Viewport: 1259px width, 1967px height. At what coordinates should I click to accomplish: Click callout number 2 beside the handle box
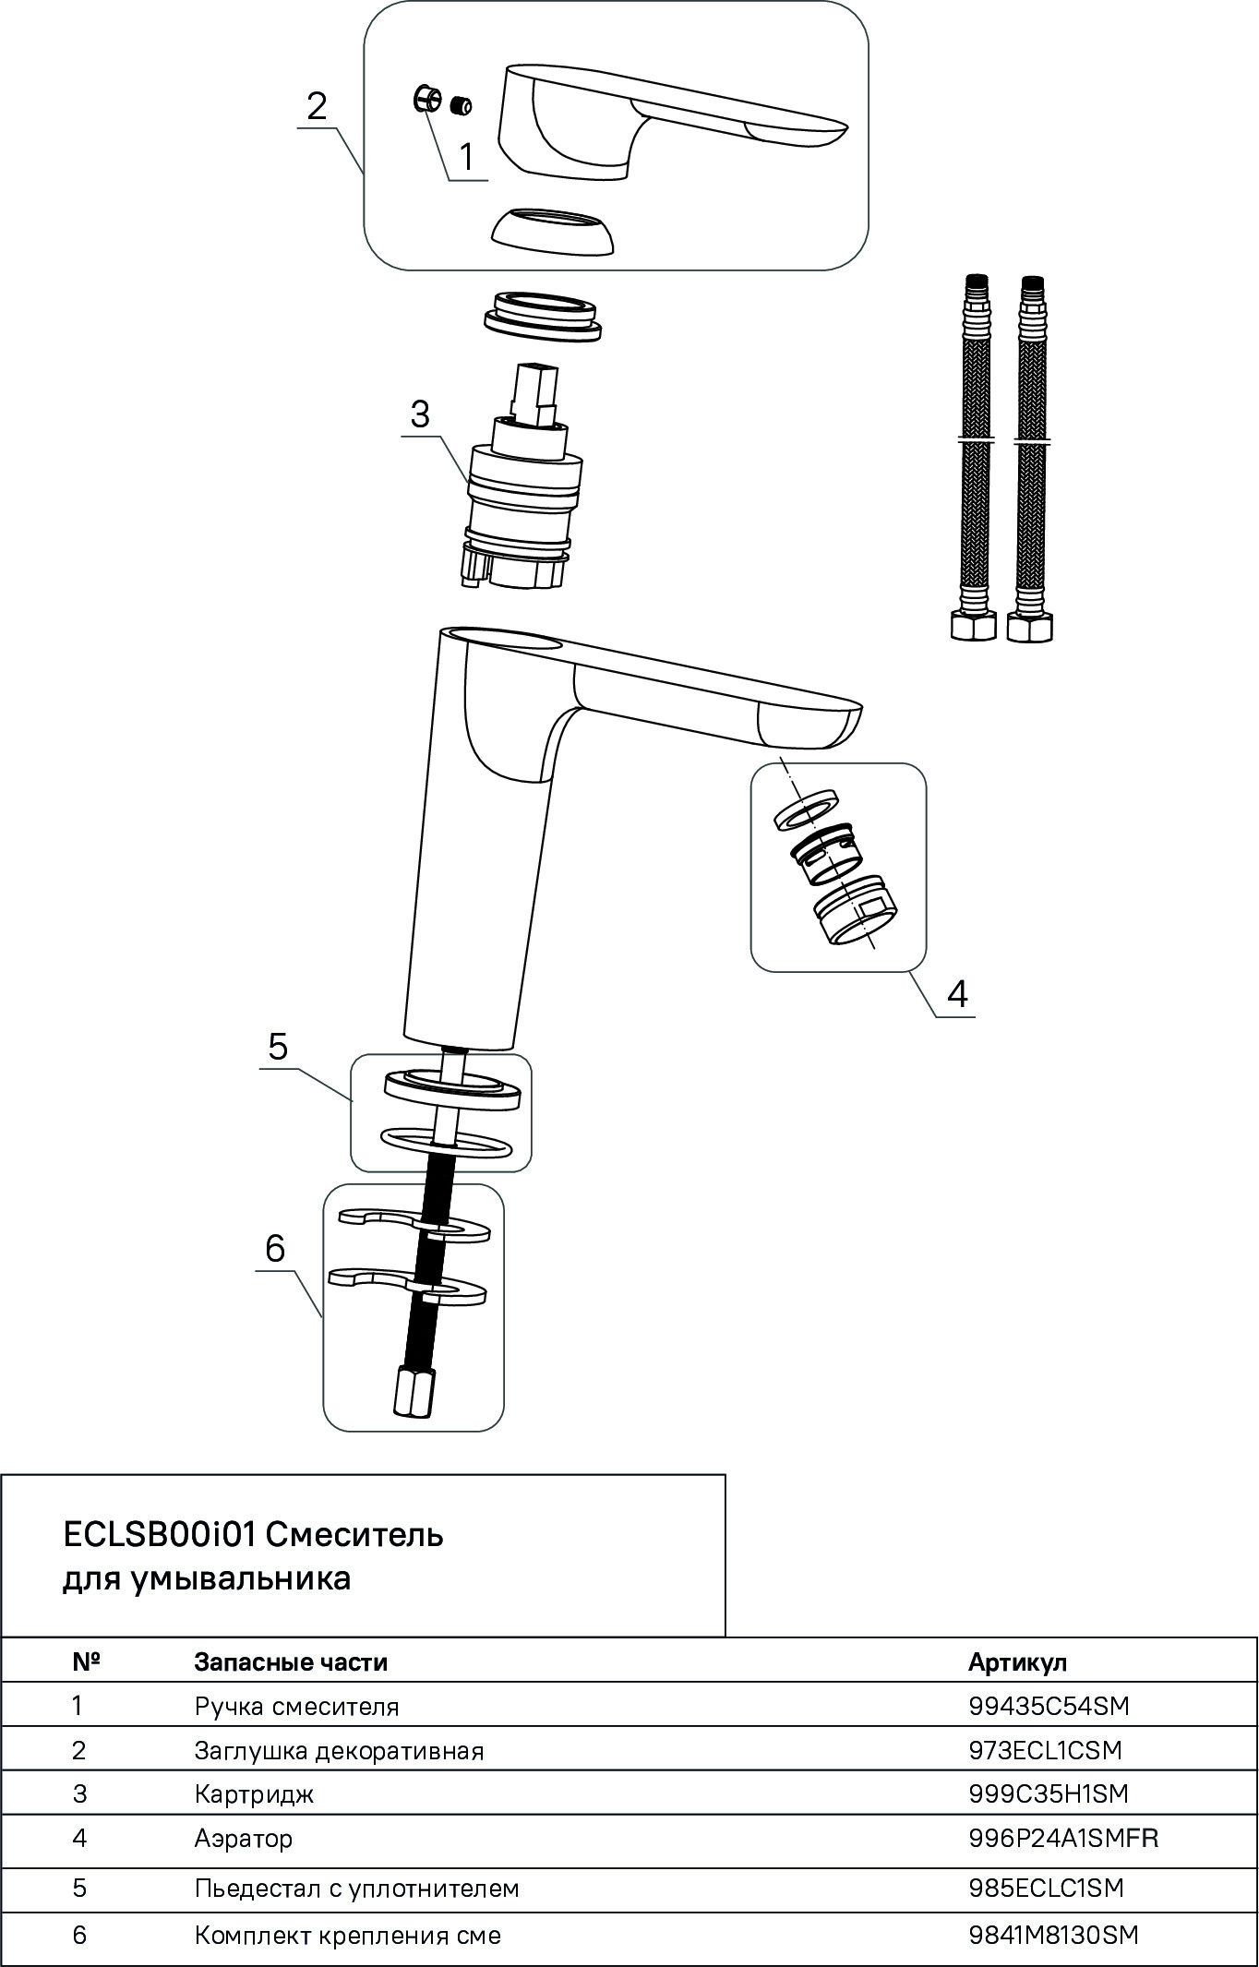coord(317,107)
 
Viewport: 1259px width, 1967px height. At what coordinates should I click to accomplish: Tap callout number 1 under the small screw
coord(466,157)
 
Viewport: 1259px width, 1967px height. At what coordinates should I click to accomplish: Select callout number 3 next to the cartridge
coord(420,414)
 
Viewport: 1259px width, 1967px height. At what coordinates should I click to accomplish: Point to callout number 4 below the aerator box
coord(957,994)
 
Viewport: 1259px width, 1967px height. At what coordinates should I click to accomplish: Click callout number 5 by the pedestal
coord(278,1047)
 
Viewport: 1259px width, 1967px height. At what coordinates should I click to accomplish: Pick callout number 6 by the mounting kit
coord(275,1249)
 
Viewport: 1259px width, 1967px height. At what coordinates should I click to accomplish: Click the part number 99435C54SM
coord(1049,1706)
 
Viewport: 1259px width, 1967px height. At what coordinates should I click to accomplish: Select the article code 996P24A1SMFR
coord(1063,1838)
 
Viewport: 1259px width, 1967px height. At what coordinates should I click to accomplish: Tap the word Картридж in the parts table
coord(254,1794)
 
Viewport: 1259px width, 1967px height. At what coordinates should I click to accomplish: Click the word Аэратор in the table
coord(244,1838)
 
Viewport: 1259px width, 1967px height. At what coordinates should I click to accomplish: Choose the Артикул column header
coord(1017,1662)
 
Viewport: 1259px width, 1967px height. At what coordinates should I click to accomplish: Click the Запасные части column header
coord(291,1662)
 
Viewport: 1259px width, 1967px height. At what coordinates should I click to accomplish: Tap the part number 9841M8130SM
coord(1053,1935)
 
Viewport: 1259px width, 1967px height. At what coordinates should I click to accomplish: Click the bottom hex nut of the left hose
coord(972,627)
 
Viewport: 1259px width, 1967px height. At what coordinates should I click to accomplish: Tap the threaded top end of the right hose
coord(1034,288)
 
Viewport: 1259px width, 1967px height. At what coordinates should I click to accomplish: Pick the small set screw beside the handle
coord(461,106)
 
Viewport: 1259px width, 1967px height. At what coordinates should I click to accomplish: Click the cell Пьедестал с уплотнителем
coord(356,1889)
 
